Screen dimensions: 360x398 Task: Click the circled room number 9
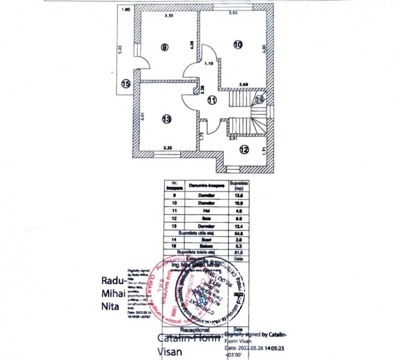(164, 47)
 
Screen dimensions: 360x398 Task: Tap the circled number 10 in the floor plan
(238, 45)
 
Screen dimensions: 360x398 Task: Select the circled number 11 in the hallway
(212, 99)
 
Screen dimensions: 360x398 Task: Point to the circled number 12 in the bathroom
(244, 150)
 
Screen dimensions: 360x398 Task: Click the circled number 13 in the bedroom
(166, 119)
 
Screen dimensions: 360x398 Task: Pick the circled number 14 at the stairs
(260, 99)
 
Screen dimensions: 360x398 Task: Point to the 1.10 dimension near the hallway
(208, 63)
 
